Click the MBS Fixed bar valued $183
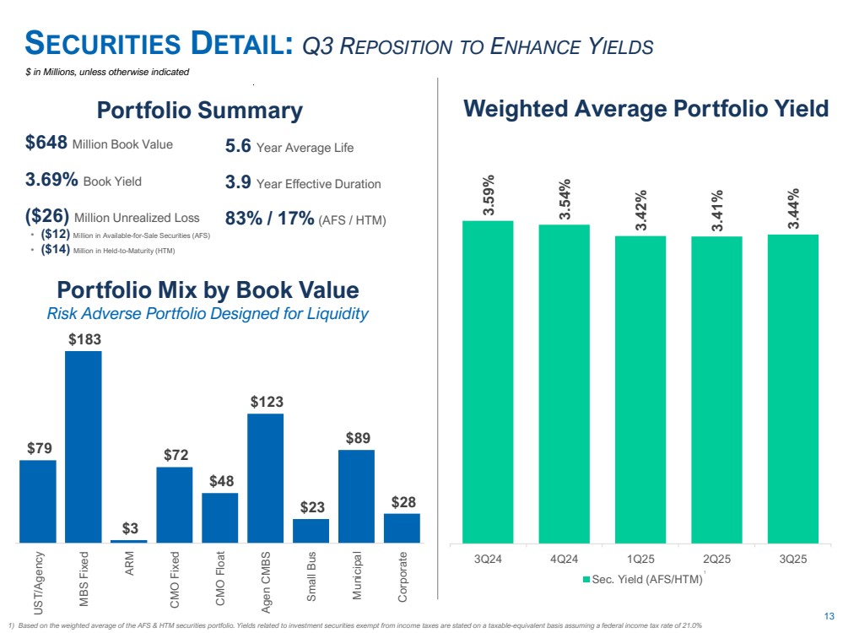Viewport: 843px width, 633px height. (x=84, y=446)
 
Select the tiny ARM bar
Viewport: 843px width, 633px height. (x=129, y=541)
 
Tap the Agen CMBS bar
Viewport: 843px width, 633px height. (x=266, y=478)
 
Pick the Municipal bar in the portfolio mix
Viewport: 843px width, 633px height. (x=356, y=495)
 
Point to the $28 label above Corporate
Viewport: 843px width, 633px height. (x=402, y=502)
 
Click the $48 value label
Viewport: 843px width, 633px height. (x=220, y=481)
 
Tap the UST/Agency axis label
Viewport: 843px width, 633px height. (x=38, y=583)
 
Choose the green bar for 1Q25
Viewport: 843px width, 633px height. (x=640, y=389)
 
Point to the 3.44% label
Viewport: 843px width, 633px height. (x=792, y=211)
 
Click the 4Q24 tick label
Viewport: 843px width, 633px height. (x=564, y=558)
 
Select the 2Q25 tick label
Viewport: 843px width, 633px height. (x=716, y=558)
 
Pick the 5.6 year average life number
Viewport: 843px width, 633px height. (x=238, y=147)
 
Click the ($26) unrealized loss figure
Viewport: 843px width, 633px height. (x=47, y=216)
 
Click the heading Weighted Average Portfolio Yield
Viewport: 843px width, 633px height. (x=646, y=109)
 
